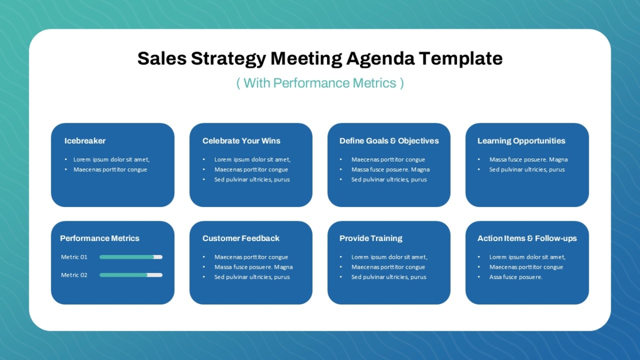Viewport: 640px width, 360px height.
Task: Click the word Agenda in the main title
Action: [x=380, y=59]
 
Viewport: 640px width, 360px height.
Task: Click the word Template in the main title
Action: [x=461, y=59]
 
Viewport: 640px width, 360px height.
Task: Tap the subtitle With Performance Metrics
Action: [x=320, y=83]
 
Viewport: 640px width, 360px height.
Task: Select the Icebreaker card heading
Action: [x=85, y=141]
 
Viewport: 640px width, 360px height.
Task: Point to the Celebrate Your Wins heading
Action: [x=242, y=141]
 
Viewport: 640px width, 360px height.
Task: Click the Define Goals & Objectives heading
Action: [x=389, y=141]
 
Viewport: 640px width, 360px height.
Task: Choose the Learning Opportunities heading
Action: [x=522, y=141]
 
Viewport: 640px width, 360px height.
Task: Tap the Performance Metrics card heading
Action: [x=100, y=238]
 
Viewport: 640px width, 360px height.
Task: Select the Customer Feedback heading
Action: [x=241, y=238]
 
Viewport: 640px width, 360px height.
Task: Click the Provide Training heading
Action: [x=371, y=238]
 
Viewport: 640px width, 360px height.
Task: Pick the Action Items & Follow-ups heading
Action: [x=527, y=238]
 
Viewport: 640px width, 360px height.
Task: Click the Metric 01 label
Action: [x=74, y=257]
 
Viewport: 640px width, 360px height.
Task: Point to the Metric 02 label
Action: [x=74, y=275]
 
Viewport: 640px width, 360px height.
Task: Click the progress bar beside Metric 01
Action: [x=131, y=257]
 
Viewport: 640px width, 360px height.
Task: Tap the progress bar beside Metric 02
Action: [x=131, y=275]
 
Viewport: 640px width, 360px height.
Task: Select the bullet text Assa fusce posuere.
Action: [x=516, y=277]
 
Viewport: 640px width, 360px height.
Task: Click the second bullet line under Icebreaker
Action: [x=110, y=170]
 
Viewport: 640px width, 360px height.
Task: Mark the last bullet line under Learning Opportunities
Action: [x=527, y=170]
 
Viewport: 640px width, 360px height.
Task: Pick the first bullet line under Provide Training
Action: [x=389, y=257]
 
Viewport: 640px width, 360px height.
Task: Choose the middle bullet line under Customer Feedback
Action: [x=253, y=267]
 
